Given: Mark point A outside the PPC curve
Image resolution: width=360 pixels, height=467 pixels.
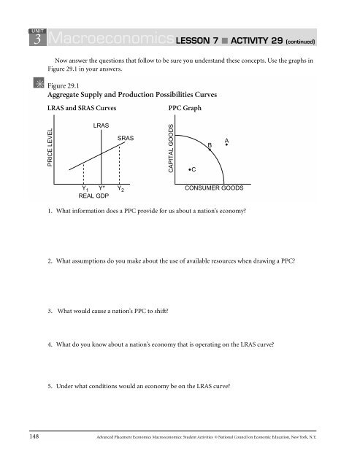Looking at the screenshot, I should point(227,144).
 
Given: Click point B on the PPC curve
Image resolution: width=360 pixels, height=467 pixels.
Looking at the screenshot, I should point(210,150).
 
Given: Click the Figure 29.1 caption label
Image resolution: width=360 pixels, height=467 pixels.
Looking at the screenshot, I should point(64,85).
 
